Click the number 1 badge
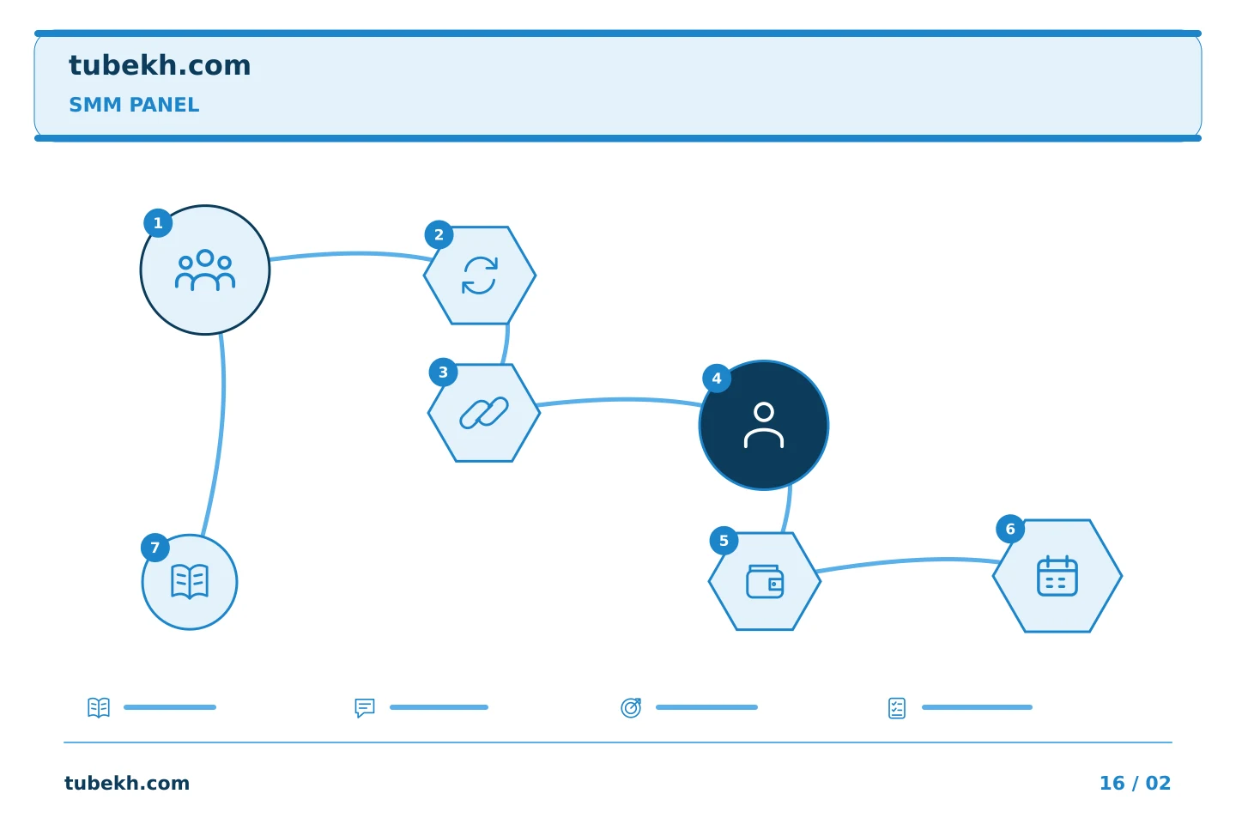click(x=158, y=223)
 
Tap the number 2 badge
click(x=439, y=234)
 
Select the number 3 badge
click(x=443, y=373)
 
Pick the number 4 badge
click(x=717, y=378)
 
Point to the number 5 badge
click(x=724, y=540)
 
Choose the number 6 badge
click(x=1010, y=529)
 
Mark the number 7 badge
click(x=155, y=548)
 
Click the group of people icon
click(x=205, y=270)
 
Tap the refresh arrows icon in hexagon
click(x=480, y=276)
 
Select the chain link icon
click(x=484, y=412)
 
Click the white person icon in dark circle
click(x=764, y=425)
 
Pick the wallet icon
click(x=765, y=581)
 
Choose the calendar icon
click(x=1057, y=576)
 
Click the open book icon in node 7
click(x=190, y=581)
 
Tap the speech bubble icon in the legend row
click(x=365, y=707)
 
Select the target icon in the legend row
click(x=631, y=707)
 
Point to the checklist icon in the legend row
click(x=897, y=708)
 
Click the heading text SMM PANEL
click(x=134, y=105)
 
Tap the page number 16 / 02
click(x=1135, y=783)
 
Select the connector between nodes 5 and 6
click(x=908, y=561)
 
